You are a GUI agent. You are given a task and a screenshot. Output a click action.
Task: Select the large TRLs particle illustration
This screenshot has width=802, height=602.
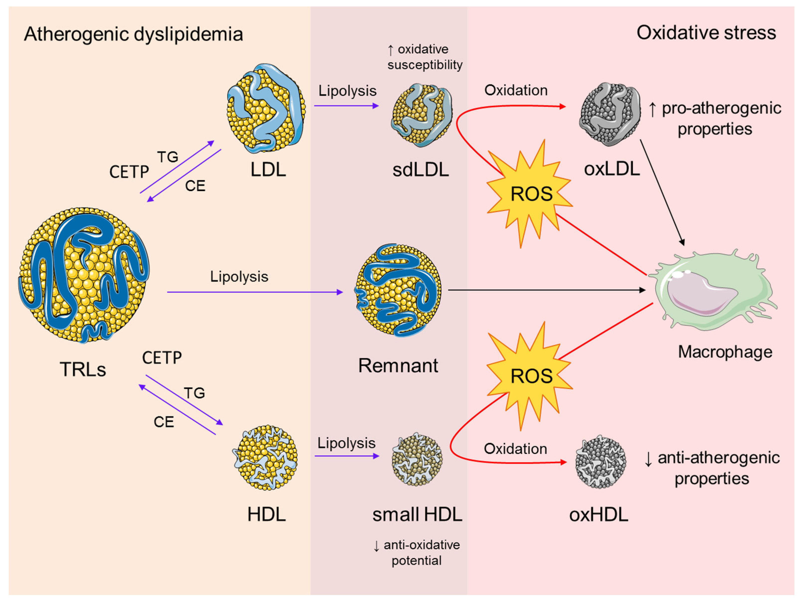tap(83, 275)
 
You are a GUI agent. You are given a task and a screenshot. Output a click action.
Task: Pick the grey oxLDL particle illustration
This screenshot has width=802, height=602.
tap(610, 114)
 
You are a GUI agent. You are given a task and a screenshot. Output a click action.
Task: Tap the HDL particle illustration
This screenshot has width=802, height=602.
tap(265, 457)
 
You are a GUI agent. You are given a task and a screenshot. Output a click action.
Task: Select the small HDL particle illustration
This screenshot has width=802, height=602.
tap(417, 459)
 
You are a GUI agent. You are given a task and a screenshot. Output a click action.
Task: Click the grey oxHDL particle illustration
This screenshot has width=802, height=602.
tap(600, 462)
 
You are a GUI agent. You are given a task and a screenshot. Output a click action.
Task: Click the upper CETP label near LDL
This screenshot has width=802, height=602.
tap(129, 172)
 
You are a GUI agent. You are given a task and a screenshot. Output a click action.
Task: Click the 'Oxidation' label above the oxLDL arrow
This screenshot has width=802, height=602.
tap(515, 90)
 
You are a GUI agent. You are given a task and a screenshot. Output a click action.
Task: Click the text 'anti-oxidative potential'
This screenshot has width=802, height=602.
tap(417, 552)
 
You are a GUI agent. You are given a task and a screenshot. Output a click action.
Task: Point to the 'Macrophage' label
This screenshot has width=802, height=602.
tap(725, 352)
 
